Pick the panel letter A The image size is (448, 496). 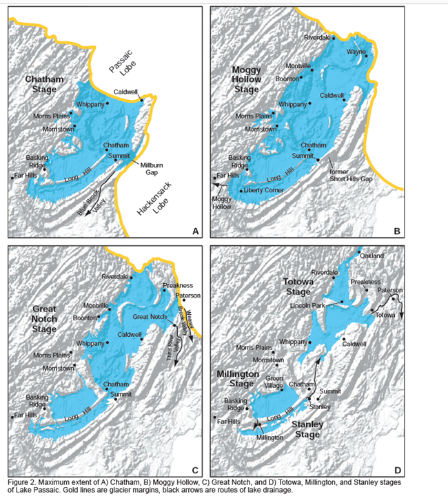tap(196, 231)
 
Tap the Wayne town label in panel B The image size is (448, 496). tap(356, 51)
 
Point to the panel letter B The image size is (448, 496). tap(396, 231)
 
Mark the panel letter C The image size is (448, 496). tap(196, 470)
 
